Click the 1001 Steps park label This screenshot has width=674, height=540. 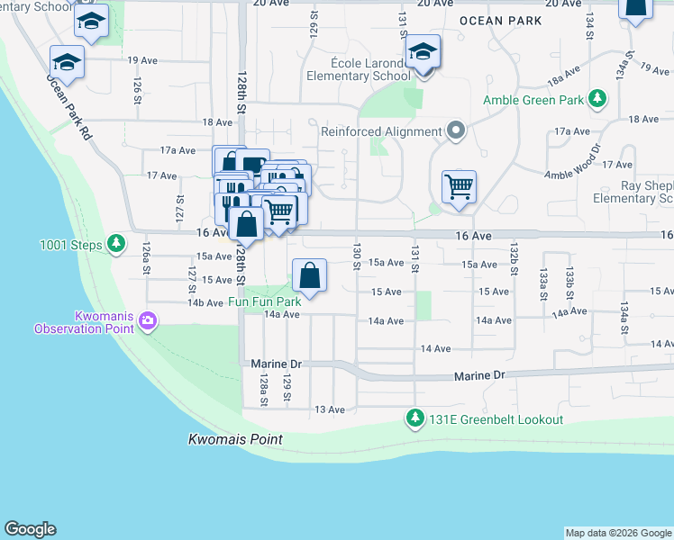(x=71, y=244)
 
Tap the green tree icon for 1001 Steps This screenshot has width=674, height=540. (x=115, y=243)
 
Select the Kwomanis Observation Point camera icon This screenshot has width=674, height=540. (x=148, y=319)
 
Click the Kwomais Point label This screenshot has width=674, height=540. (x=235, y=440)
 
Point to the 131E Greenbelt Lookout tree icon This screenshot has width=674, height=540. (x=414, y=418)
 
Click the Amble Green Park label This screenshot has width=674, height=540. (x=533, y=100)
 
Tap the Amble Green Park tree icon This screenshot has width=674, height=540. (x=597, y=98)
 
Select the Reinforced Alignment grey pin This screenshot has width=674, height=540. (x=456, y=131)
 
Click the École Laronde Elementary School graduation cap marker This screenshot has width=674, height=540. (x=422, y=54)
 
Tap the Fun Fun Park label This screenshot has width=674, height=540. (x=264, y=302)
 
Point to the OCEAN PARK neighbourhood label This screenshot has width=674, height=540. (x=499, y=20)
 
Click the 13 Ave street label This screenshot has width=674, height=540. (x=330, y=409)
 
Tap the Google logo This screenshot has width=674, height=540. (x=30, y=529)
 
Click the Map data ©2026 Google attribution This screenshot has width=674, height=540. (x=618, y=533)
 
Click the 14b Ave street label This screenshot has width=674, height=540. (x=205, y=303)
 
